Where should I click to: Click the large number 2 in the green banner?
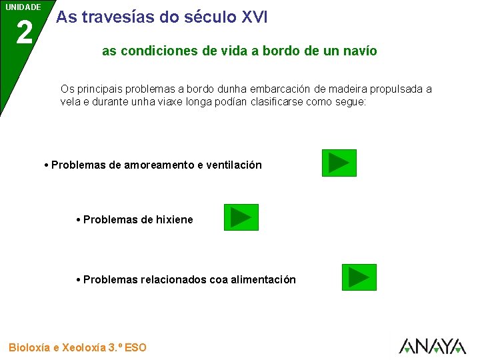point(24,33)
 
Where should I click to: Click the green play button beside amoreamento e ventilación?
point(339,163)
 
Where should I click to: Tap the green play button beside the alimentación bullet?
point(359,277)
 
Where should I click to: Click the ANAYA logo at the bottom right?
point(432,345)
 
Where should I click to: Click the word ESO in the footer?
point(135,347)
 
